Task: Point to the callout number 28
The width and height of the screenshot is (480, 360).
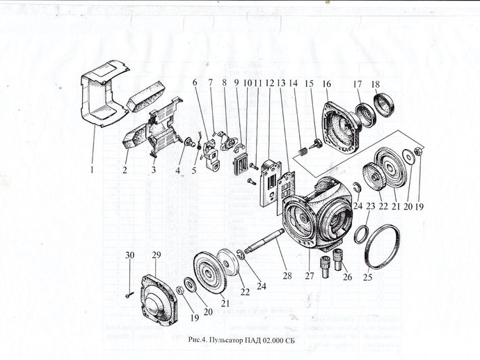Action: pos(287,267)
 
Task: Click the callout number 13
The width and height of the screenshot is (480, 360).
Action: pos(281,82)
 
